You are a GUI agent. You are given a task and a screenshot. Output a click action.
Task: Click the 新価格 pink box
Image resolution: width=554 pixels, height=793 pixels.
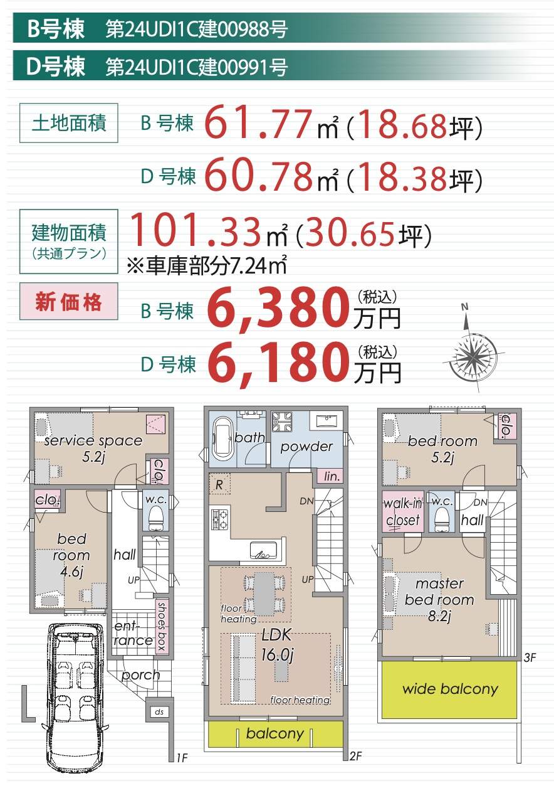tap(68, 301)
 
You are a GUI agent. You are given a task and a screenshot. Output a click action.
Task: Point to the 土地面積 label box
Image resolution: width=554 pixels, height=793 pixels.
tap(68, 123)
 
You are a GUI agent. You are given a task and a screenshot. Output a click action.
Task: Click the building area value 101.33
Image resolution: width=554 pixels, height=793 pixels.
tap(196, 230)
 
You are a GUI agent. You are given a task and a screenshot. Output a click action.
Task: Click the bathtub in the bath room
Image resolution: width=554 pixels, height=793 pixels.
tap(222, 439)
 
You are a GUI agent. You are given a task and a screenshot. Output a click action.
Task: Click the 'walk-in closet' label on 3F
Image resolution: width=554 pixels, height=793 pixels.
tap(403, 512)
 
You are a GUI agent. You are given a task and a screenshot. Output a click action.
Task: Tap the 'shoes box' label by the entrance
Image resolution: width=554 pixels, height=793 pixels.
tap(161, 626)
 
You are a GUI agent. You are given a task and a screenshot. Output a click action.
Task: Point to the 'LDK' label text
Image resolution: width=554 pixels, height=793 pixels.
tap(276, 635)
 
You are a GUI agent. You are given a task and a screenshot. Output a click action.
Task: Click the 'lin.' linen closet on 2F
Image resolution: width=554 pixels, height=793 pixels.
tap(332, 477)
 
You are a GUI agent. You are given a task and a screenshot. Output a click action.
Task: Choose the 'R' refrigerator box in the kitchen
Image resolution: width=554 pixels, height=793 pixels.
tap(219, 484)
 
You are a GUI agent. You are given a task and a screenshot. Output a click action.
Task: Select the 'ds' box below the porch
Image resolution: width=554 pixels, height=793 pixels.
tap(159, 711)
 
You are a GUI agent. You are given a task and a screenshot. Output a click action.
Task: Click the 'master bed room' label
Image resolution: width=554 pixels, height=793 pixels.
tap(439, 600)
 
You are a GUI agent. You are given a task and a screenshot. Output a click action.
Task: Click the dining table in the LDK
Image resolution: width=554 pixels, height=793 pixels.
tap(264, 593)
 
